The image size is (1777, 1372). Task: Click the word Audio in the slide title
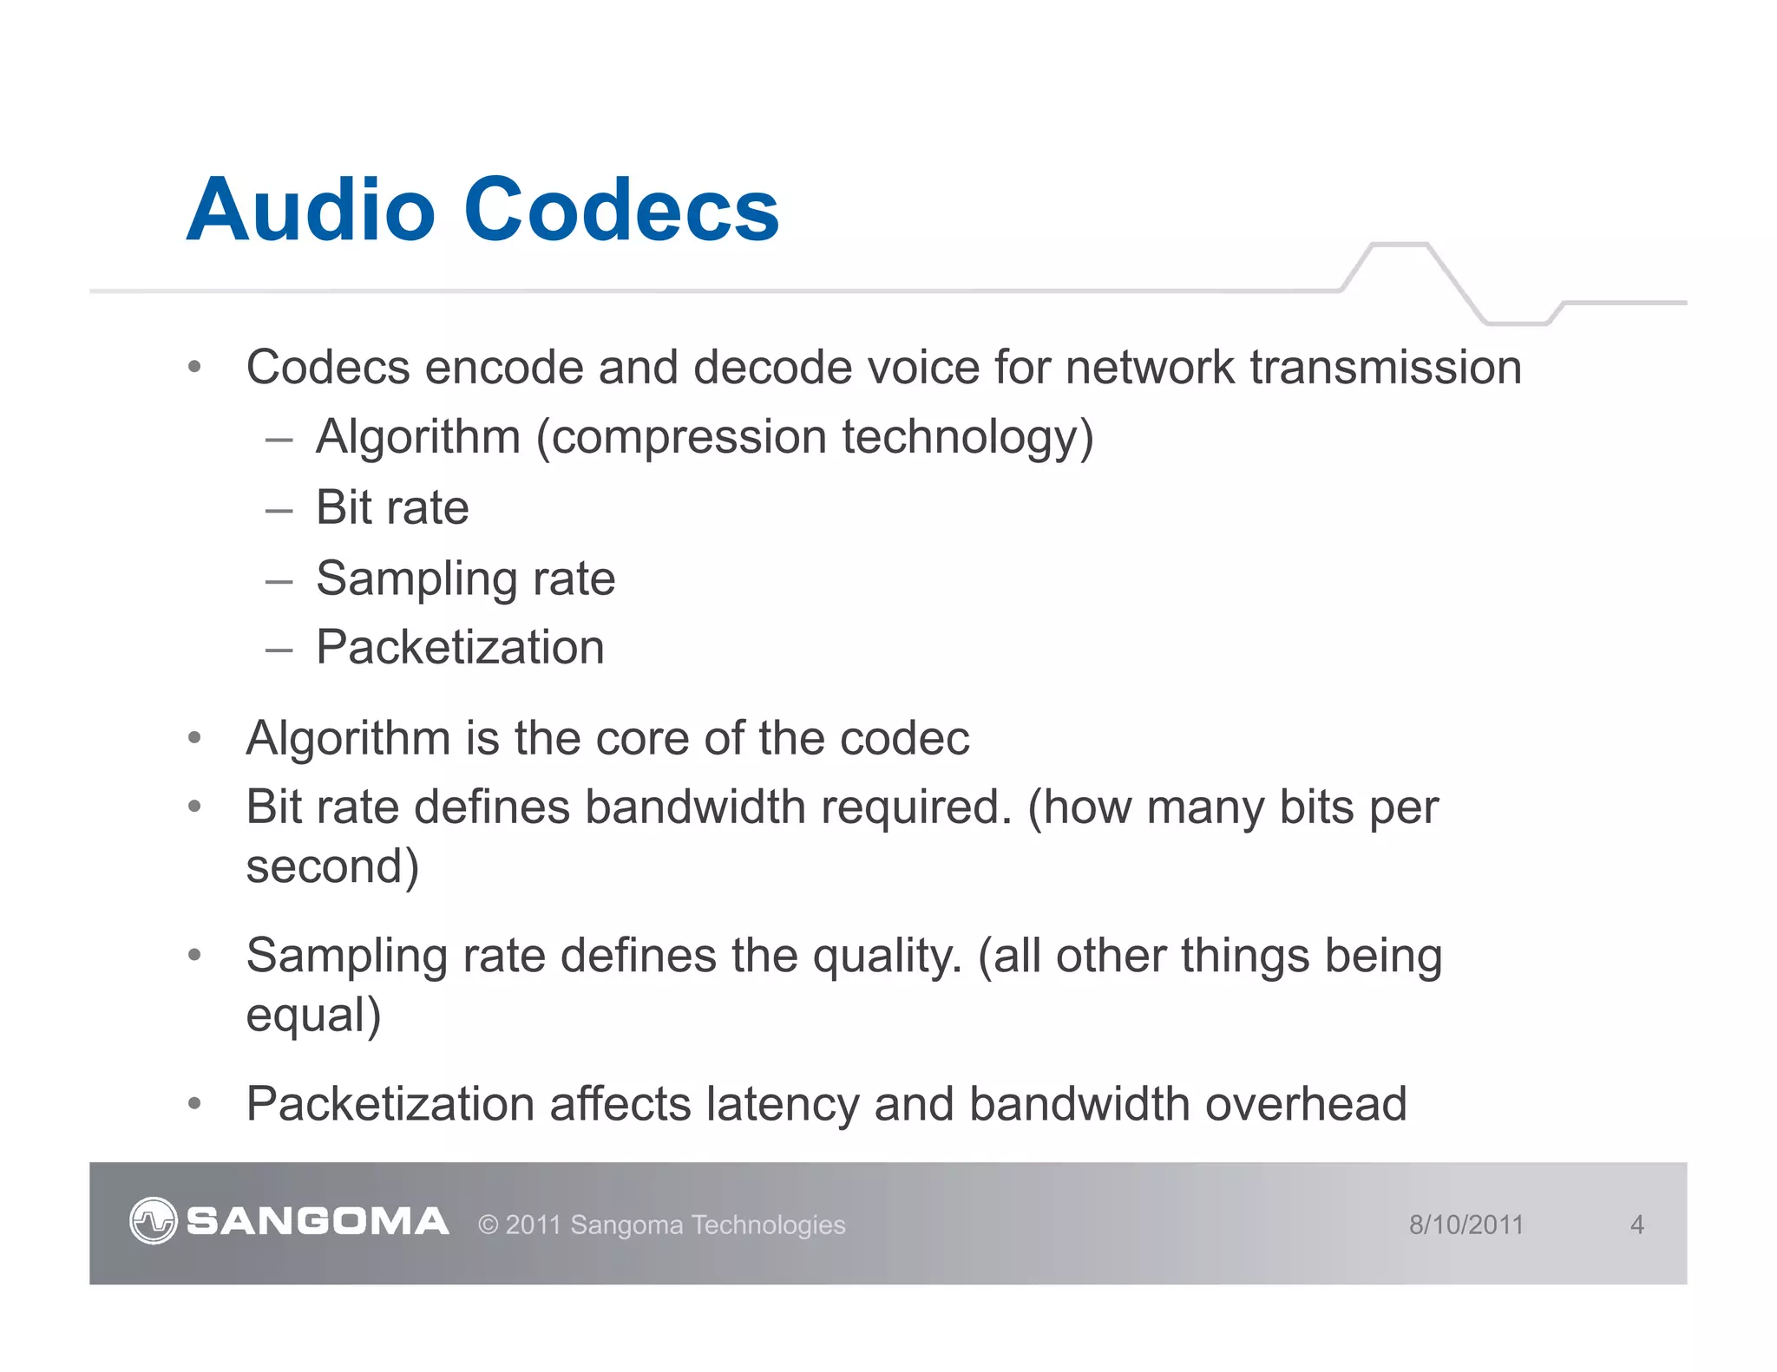(x=311, y=210)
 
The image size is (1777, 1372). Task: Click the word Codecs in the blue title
(x=621, y=210)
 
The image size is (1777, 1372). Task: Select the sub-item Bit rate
(x=392, y=507)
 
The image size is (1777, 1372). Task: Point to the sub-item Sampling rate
(x=465, y=578)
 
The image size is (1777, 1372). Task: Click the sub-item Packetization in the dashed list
(x=460, y=648)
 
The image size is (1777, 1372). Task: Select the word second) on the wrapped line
(x=332, y=866)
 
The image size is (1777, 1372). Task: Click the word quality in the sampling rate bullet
(x=887, y=956)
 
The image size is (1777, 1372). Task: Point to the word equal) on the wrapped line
(x=313, y=1016)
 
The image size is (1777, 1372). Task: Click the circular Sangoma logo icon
(x=154, y=1221)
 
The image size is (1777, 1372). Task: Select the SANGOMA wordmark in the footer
(x=318, y=1222)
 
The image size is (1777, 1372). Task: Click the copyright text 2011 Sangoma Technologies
(x=662, y=1225)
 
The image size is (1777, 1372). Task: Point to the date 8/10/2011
(x=1466, y=1225)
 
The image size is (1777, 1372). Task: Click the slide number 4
(x=1636, y=1225)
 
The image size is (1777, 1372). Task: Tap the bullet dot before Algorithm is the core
(x=195, y=739)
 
